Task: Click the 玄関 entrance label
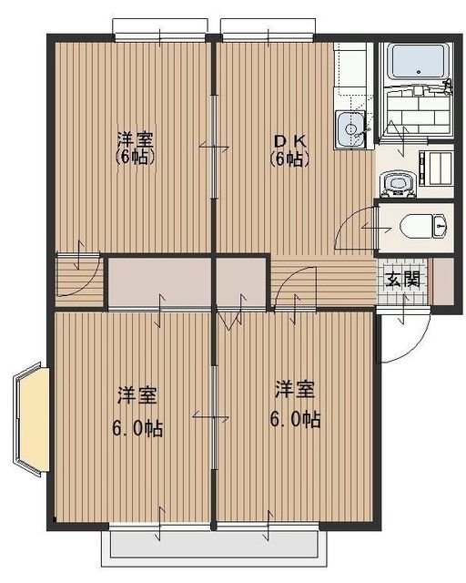[x=400, y=280]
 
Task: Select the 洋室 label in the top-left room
[x=135, y=140]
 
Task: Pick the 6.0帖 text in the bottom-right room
[x=294, y=420]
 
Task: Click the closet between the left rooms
[x=159, y=283]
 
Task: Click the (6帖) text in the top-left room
[x=135, y=158]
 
